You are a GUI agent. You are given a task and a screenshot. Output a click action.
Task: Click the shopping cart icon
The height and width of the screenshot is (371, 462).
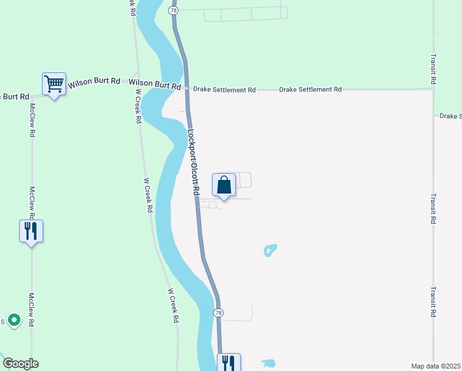click(x=54, y=83)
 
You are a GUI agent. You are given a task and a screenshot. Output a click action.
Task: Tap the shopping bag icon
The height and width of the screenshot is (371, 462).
click(x=224, y=184)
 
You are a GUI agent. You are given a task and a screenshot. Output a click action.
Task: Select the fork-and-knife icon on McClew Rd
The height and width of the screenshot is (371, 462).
click(x=31, y=231)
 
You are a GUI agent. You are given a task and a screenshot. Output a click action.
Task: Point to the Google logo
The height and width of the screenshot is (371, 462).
click(x=20, y=364)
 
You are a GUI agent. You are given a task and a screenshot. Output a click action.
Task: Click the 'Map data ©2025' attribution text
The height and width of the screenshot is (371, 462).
click(x=435, y=366)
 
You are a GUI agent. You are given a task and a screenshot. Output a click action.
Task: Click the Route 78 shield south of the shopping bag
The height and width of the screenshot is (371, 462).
click(x=218, y=313)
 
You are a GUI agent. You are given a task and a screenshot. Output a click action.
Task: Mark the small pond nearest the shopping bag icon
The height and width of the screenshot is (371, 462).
click(x=270, y=250)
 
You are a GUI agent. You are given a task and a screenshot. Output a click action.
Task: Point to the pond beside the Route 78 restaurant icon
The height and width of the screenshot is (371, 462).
click(x=269, y=363)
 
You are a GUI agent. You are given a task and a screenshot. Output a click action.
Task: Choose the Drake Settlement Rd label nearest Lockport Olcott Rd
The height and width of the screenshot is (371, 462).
click(x=224, y=90)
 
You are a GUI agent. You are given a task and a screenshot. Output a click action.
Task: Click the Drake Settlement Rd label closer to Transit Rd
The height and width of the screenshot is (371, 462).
click(x=310, y=90)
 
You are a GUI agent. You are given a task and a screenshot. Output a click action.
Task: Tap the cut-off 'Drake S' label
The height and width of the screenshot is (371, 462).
click(x=450, y=116)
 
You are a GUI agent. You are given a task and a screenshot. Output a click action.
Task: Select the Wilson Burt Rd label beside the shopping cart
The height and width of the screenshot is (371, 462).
click(x=94, y=82)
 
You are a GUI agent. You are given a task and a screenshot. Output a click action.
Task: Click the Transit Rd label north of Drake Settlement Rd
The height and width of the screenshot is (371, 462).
click(x=434, y=69)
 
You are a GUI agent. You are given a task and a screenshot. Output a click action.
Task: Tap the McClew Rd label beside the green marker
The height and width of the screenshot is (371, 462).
click(x=30, y=310)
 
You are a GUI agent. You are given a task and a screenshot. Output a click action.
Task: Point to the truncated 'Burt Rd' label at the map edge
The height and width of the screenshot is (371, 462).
click(x=14, y=96)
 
